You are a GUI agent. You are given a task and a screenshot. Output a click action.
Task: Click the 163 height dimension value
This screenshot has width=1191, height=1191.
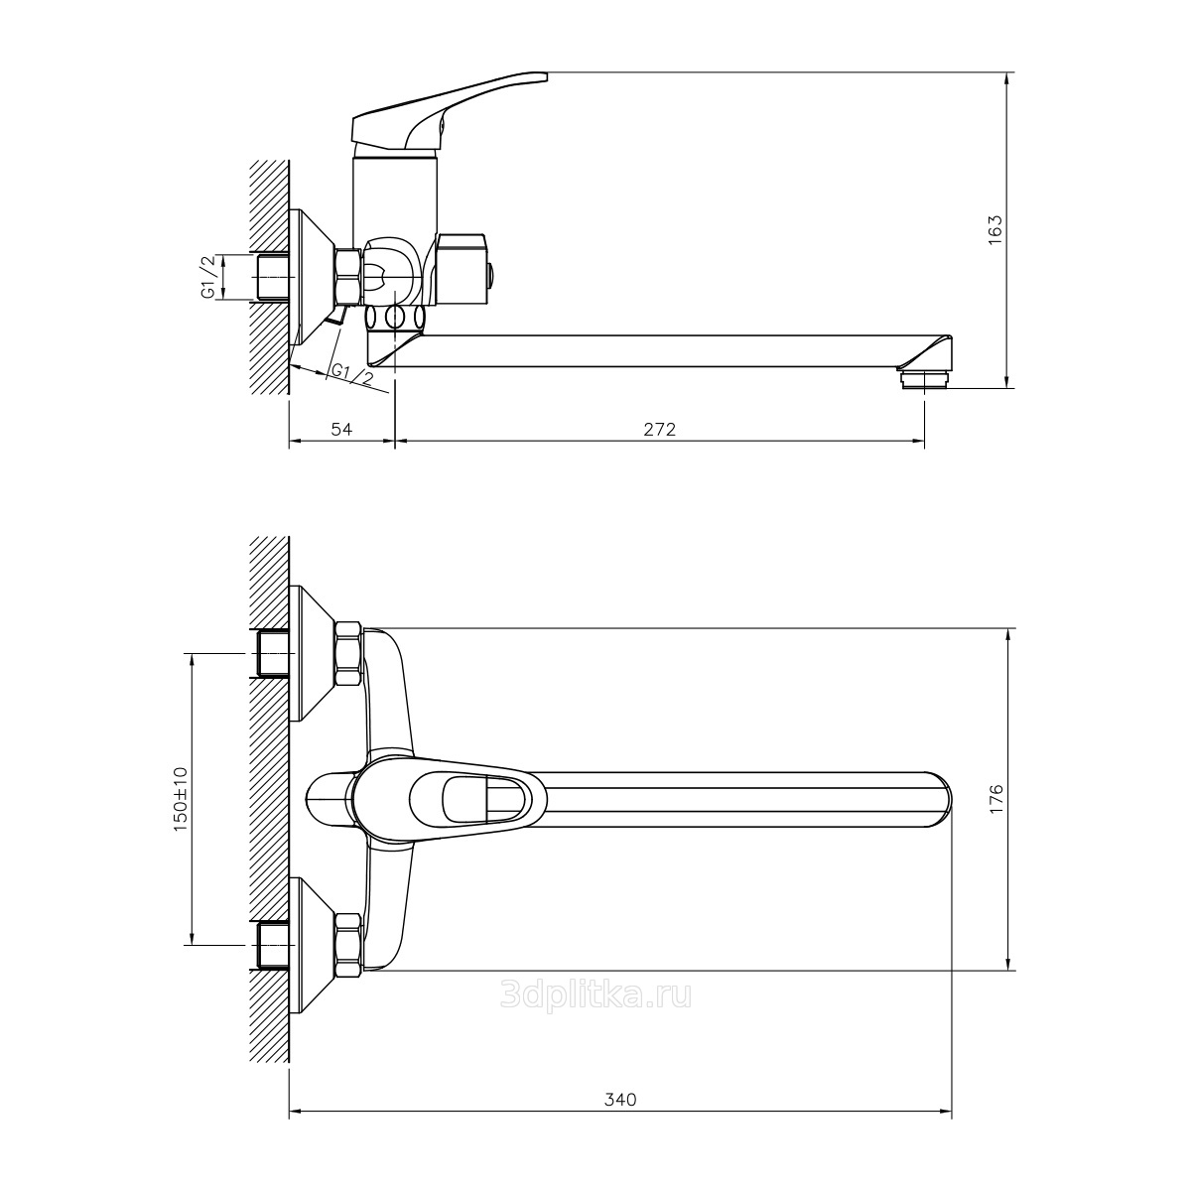tap(996, 229)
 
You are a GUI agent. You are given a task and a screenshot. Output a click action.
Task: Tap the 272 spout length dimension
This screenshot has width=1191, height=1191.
tap(659, 429)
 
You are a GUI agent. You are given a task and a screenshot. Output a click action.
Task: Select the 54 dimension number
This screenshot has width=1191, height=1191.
tap(341, 429)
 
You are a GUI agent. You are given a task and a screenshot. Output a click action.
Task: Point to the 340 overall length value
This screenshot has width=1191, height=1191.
tap(619, 1100)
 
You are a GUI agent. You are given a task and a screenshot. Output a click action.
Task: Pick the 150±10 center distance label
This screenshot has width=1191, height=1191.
tap(181, 798)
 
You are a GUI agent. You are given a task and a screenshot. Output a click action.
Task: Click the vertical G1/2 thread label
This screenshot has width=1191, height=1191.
tap(208, 277)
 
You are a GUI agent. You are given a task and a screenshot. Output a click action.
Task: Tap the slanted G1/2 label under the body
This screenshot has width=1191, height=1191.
tap(351, 374)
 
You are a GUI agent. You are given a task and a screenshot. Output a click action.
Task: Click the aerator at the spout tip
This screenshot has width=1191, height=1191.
tap(922, 377)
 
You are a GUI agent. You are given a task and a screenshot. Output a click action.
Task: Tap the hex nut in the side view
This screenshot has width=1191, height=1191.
tap(346, 277)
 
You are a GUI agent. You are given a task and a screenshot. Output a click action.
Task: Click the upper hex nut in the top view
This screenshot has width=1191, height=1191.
tap(347, 654)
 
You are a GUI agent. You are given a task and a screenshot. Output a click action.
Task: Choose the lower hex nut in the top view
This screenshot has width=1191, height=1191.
tap(347, 945)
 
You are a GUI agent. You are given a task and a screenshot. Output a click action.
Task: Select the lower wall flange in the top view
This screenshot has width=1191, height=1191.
tap(311, 945)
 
